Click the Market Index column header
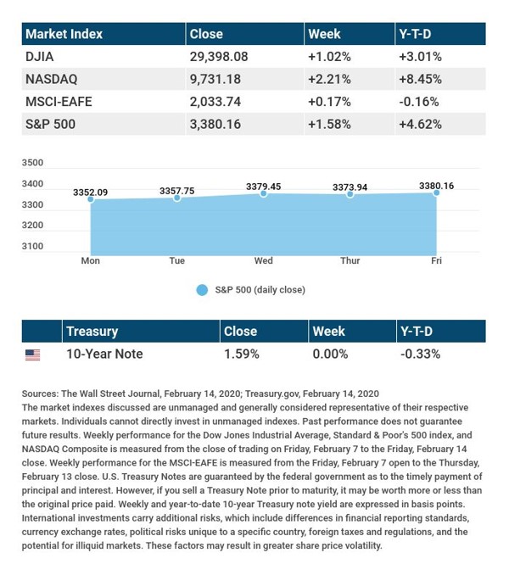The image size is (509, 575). point(64,35)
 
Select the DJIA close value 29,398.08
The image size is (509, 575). point(226,58)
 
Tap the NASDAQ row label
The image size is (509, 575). point(52,80)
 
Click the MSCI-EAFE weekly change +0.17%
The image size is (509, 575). point(329,102)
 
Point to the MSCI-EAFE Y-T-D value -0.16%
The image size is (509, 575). point(417,102)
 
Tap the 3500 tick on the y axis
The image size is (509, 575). point(32,162)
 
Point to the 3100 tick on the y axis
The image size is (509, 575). point(32,246)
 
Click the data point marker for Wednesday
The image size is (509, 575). point(264,194)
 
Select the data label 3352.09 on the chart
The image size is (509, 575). point(91,193)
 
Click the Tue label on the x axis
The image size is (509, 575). point(176,260)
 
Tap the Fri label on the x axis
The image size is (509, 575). point(436,260)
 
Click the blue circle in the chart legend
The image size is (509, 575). point(202,290)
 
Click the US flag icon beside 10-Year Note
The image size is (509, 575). point(32,354)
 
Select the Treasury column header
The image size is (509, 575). point(92,332)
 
